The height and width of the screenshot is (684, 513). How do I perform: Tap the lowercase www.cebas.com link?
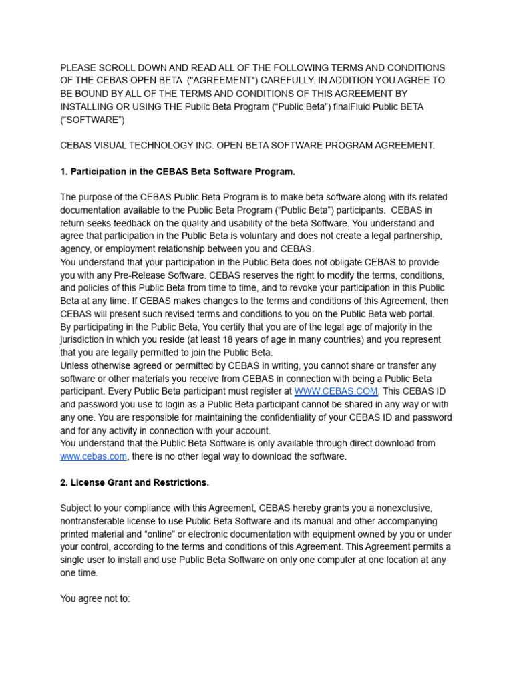coord(94,456)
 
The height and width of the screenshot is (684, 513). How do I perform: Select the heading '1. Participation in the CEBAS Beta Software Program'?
coord(178,172)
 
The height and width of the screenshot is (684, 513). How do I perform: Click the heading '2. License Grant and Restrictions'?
coord(134,482)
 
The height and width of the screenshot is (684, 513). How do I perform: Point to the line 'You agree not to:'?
coord(95,599)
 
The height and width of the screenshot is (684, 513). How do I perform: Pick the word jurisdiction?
coord(86,339)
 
